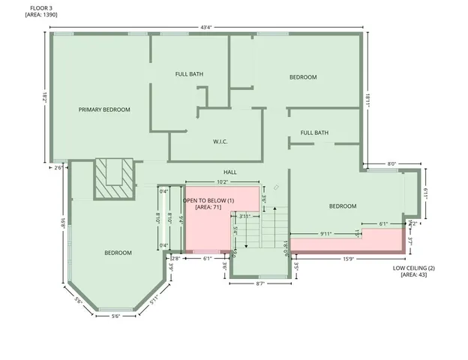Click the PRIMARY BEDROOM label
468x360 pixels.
(x=104, y=109)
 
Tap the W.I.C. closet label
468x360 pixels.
(x=220, y=142)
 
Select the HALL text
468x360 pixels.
(x=229, y=172)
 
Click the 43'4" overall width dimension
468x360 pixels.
(x=205, y=28)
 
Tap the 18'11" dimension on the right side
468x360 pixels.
(x=367, y=98)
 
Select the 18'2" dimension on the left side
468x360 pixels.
(x=45, y=97)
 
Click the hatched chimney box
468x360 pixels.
(x=113, y=178)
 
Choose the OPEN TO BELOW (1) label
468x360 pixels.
(x=209, y=200)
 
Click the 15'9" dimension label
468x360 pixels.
(x=349, y=259)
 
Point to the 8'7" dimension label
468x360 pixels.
(x=260, y=283)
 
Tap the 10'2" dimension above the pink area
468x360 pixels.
(x=222, y=181)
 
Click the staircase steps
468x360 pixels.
(x=274, y=227)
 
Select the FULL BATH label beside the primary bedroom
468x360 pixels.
(x=189, y=74)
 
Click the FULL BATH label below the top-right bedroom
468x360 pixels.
(x=314, y=133)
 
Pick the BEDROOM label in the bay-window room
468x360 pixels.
(x=118, y=253)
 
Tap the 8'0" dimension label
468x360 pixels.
(x=391, y=163)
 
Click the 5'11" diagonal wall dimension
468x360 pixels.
(x=154, y=301)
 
